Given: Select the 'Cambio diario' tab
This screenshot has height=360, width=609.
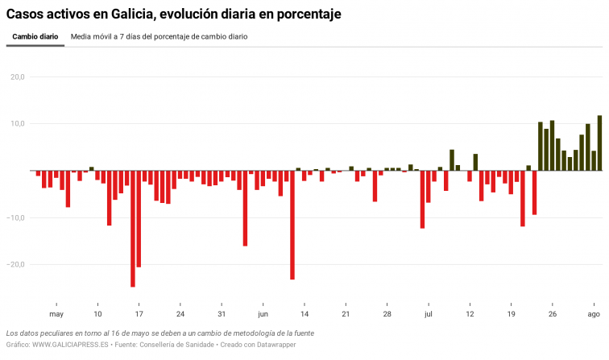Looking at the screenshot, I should tap(35, 37).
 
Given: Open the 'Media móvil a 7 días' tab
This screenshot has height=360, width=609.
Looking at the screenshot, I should tap(159, 37).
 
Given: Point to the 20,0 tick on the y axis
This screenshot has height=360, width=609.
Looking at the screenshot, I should tap(17, 77).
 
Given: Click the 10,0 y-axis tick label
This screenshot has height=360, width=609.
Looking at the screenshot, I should tap(17, 124).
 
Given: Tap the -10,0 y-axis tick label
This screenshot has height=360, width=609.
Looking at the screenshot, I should tap(15, 217).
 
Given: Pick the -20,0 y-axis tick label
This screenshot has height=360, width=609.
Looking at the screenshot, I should tap(15, 264).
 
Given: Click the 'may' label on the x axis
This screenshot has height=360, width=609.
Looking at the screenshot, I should tap(56, 314).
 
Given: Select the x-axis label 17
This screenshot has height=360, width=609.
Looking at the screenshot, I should tap(139, 314).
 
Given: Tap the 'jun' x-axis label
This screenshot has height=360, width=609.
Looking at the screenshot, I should tap(263, 314).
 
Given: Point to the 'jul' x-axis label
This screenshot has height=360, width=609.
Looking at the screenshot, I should tap(429, 314).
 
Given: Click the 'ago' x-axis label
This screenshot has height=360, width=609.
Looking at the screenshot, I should tap(593, 314).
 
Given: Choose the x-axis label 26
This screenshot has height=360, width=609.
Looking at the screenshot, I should tap(552, 314).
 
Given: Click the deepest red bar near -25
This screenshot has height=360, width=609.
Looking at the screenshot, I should tap(133, 229).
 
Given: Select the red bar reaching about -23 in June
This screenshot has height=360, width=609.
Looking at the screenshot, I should tap(292, 225).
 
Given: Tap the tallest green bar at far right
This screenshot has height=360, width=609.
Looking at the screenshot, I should tap(599, 143).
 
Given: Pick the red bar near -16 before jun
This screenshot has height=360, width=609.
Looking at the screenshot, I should tap(245, 209).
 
